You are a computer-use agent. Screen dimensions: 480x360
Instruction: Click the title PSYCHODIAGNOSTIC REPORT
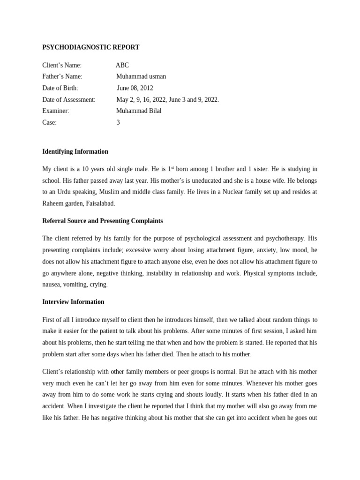90,47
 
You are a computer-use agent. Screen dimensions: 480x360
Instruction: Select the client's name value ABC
122,65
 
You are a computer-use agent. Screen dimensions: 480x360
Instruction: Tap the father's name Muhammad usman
141,76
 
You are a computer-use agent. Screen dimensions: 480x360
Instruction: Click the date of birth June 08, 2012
135,88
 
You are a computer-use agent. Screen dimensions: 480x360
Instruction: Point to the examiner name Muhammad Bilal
139,111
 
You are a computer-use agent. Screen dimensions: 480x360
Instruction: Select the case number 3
118,122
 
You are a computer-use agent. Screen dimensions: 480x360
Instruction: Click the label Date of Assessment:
68,99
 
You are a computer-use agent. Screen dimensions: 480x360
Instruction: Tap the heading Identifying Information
75,151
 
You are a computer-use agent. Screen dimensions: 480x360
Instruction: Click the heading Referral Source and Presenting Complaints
103,221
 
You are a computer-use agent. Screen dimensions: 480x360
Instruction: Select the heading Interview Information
73,302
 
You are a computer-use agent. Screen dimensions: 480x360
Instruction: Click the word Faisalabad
100,203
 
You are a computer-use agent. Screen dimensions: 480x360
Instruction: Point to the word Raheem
53,203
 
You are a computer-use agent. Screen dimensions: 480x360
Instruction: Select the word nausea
52,285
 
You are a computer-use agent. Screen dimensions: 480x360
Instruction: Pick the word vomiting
76,285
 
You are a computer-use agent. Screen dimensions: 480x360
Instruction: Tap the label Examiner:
56,111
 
